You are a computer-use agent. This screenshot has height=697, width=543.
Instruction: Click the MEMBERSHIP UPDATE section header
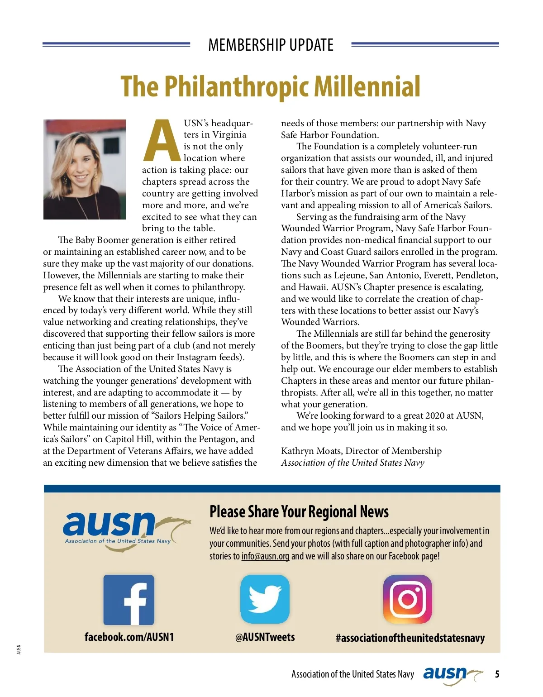[x=271, y=45]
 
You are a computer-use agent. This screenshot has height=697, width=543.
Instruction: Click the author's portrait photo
[x=85, y=169]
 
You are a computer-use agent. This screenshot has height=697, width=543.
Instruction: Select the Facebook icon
[x=129, y=600]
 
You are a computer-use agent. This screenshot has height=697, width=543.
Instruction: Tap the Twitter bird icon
[x=265, y=599]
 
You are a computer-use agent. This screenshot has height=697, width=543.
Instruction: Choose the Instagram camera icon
[x=407, y=599]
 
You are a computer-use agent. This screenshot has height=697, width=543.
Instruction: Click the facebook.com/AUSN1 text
[x=129, y=637]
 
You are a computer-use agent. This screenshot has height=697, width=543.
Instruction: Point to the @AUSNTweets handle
[x=265, y=637]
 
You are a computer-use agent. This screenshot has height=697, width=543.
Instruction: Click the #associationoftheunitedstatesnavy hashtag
[x=410, y=638]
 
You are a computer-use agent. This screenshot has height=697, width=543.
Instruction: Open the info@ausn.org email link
[x=265, y=556]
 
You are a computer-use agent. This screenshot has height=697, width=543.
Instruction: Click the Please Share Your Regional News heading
[x=299, y=512]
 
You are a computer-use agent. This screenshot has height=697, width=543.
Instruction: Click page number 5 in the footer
[x=497, y=674]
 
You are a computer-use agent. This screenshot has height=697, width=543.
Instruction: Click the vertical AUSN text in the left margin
[x=19, y=649]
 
